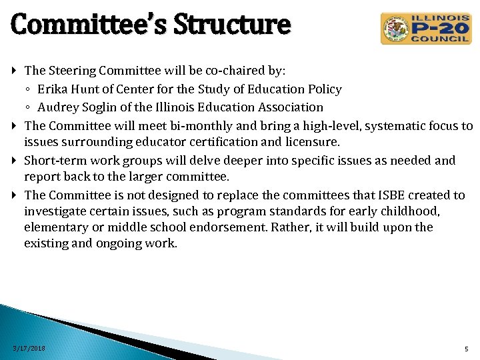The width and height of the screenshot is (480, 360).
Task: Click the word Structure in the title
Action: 232,25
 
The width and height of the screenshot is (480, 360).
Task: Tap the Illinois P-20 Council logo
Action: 425,29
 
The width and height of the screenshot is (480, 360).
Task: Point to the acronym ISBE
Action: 392,195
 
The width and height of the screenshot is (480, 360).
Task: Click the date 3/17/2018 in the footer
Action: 30,349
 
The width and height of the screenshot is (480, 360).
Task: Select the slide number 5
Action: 466,349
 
